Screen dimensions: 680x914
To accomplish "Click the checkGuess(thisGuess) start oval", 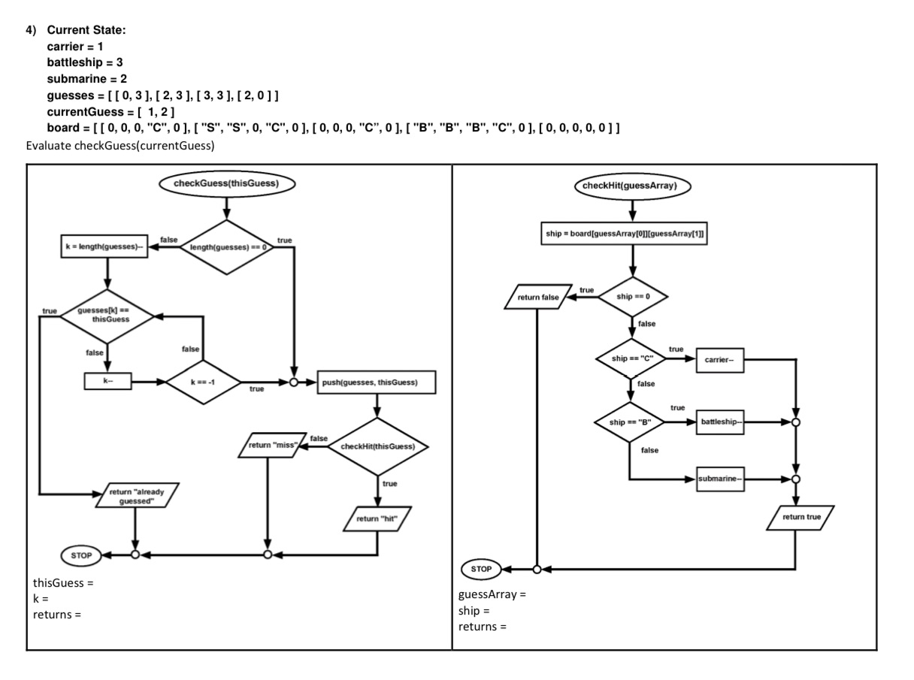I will pyautogui.click(x=226, y=183).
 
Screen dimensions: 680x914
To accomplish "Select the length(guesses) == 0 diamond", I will pyautogui.click(x=226, y=247).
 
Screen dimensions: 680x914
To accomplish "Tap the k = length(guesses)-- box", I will pyautogui.click(x=103, y=247).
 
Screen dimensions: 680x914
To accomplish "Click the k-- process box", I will pyautogui.click(x=108, y=382).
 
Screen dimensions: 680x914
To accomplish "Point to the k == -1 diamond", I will pyautogui.click(x=202, y=382).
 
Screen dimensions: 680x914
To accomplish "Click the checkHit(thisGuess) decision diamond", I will pyautogui.click(x=378, y=446).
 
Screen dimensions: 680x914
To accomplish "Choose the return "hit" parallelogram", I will pyautogui.click(x=378, y=518).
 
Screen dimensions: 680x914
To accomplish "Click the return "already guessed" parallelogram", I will pyautogui.click(x=137, y=496).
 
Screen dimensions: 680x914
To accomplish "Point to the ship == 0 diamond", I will pyautogui.click(x=633, y=296).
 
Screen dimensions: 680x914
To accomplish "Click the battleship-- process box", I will pyautogui.click(x=721, y=422).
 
